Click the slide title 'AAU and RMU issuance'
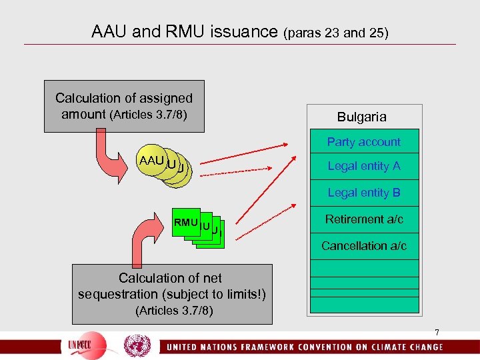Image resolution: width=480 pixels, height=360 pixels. click(186, 31)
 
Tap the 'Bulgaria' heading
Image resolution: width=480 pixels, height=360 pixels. click(361, 117)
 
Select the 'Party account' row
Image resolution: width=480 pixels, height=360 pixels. click(363, 142)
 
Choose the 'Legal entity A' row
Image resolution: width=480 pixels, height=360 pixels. click(363, 166)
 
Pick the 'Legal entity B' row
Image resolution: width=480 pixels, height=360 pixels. click(363, 193)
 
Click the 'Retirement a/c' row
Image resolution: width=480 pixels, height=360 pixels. click(364, 219)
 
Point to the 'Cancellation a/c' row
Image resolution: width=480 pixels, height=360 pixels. click(363, 246)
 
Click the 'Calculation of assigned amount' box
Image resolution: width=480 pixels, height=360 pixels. click(123, 105)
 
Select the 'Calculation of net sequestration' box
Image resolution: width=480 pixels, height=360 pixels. click(171, 293)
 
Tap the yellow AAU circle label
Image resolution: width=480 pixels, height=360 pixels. click(152, 161)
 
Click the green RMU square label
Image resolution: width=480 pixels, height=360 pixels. click(185, 223)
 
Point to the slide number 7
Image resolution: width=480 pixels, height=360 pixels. click(437, 332)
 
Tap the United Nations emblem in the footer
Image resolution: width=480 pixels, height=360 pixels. click(137, 346)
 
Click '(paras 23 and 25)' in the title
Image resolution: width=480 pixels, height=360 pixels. click(336, 32)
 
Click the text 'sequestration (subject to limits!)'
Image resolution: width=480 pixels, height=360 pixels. click(171, 295)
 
